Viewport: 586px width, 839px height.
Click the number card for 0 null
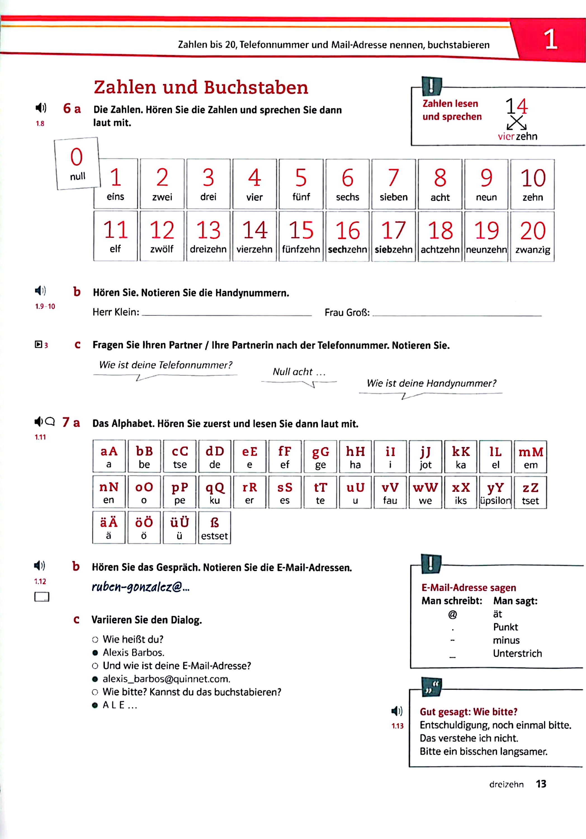click(x=77, y=163)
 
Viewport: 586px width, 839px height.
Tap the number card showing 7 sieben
click(x=393, y=184)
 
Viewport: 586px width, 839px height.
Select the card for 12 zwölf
click(x=162, y=236)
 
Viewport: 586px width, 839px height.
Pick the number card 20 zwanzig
click(x=532, y=236)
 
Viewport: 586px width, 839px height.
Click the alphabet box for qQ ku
click(x=214, y=492)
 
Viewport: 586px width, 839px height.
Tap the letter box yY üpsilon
click(x=495, y=492)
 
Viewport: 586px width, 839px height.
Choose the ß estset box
click(x=214, y=527)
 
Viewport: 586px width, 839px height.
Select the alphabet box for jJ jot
click(x=425, y=457)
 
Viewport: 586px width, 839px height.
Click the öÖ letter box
click(x=144, y=527)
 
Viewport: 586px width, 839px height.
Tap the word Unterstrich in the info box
click(x=517, y=653)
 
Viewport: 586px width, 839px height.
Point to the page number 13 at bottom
click(x=541, y=784)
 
